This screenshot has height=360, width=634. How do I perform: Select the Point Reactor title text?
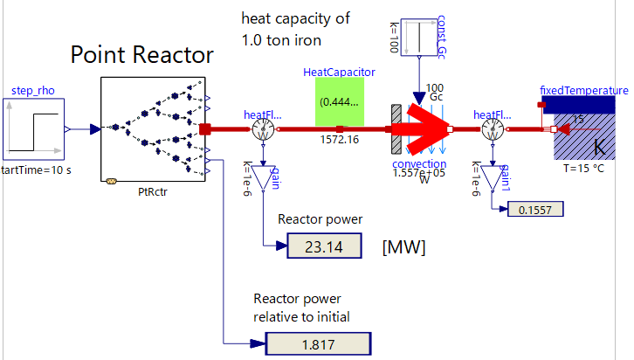[142, 56]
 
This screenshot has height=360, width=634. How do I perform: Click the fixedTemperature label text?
[584, 90]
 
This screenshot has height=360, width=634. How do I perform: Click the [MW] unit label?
[403, 248]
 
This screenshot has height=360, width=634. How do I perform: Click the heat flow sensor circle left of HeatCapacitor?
[265, 130]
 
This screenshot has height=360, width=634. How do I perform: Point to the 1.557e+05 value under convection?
[418, 173]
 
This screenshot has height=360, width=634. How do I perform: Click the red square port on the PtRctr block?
[205, 129]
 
